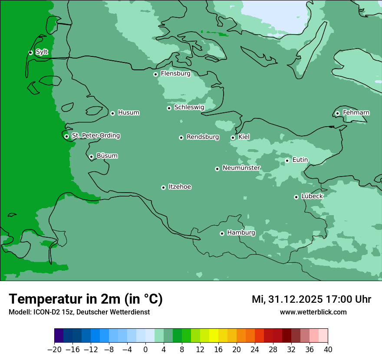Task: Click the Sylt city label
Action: click(x=42, y=52)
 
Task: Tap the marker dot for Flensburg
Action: click(x=155, y=74)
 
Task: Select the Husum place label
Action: click(x=128, y=113)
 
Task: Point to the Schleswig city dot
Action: click(x=169, y=108)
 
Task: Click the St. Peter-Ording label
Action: click(x=95, y=136)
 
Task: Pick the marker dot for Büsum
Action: click(x=91, y=157)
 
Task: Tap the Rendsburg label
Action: click(x=203, y=137)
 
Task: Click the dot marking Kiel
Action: click(x=233, y=137)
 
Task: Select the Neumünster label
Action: click(x=241, y=168)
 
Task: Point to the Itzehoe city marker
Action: click(x=163, y=187)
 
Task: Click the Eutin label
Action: click(x=300, y=160)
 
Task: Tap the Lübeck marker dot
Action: click(x=296, y=197)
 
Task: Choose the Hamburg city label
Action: click(x=241, y=233)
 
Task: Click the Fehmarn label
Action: click(x=356, y=113)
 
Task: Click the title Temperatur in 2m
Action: click(x=86, y=299)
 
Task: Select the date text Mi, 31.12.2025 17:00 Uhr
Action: click(x=311, y=299)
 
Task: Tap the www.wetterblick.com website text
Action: click(x=313, y=312)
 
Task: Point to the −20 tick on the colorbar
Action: click(x=54, y=350)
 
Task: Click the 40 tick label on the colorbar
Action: click(x=328, y=350)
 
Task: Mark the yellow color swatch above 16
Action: click(x=213, y=336)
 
